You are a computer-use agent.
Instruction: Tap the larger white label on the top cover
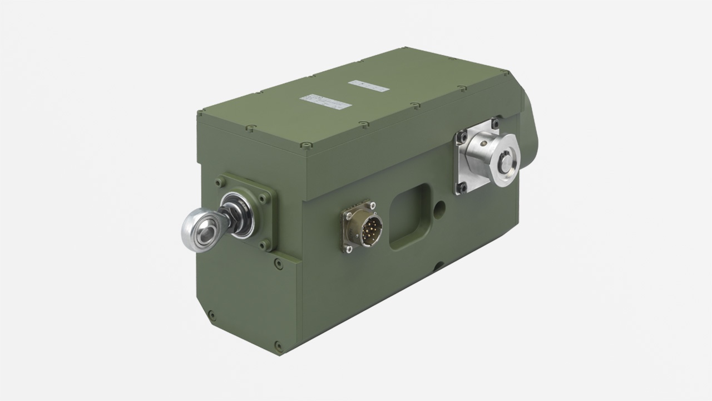point(326,102)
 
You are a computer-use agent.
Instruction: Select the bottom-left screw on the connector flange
point(349,250)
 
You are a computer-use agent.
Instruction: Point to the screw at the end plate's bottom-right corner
point(278,345)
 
